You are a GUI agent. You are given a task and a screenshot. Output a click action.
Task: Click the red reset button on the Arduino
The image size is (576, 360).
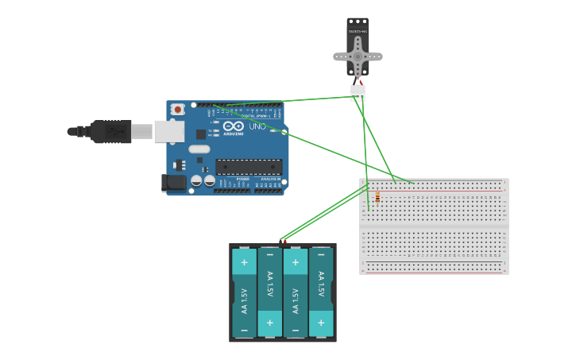[x=177, y=109]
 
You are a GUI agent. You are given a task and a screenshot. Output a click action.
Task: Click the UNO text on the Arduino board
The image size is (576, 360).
[x=257, y=126]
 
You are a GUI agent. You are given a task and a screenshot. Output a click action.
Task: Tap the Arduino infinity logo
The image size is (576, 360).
[x=234, y=126]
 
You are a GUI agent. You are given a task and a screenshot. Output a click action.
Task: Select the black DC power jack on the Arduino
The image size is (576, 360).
[x=174, y=184]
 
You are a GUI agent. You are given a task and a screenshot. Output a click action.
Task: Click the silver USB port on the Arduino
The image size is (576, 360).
[x=168, y=131]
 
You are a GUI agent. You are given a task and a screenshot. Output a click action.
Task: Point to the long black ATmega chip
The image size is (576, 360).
[x=249, y=167]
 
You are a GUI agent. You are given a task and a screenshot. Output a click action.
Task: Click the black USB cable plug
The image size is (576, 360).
[x=110, y=131]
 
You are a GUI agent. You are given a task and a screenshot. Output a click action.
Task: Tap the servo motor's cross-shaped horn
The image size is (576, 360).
[x=358, y=56]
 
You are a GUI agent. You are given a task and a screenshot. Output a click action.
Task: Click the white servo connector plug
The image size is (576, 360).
[x=358, y=93]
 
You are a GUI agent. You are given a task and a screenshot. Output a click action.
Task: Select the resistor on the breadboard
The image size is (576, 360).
[x=377, y=196]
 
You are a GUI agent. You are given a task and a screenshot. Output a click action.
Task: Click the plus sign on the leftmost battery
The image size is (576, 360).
[x=244, y=261]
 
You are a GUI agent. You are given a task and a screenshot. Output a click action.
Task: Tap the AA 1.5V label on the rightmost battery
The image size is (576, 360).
[x=321, y=287]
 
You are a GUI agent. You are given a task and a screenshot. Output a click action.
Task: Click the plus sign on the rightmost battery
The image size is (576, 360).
[x=321, y=323]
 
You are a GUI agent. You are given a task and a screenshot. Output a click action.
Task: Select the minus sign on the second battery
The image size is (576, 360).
[x=270, y=255]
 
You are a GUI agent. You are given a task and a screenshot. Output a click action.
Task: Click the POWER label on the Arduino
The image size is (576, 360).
[x=242, y=179]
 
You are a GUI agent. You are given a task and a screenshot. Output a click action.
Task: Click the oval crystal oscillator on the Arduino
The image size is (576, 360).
[x=199, y=149]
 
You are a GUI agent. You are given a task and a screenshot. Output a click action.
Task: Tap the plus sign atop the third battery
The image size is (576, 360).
[x=296, y=261]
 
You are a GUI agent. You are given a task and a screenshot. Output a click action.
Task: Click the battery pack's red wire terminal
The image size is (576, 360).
[x=284, y=241]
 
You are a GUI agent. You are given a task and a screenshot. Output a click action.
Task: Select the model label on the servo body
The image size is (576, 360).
[x=358, y=32]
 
